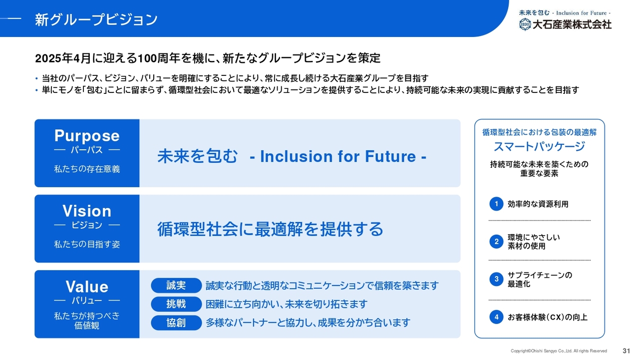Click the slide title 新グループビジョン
coord(96,19)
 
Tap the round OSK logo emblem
coord(525,24)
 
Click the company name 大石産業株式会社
coord(572,24)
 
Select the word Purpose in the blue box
coord(87,135)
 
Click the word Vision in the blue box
coord(87,211)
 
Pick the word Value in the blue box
coord(87,287)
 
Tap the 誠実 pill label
coord(176,286)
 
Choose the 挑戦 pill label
coord(176,304)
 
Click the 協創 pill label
coord(176,323)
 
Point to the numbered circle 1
coord(496,204)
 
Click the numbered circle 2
coord(496,242)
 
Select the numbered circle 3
coord(496,279)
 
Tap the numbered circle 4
coord(496,317)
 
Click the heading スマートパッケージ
coord(540,147)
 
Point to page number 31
coord(626,351)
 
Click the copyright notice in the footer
coord(559,351)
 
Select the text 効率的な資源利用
coord(538,204)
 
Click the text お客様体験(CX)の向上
coord(548,317)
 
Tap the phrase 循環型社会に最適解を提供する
coord(270,229)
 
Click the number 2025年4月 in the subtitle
coord(63,58)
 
